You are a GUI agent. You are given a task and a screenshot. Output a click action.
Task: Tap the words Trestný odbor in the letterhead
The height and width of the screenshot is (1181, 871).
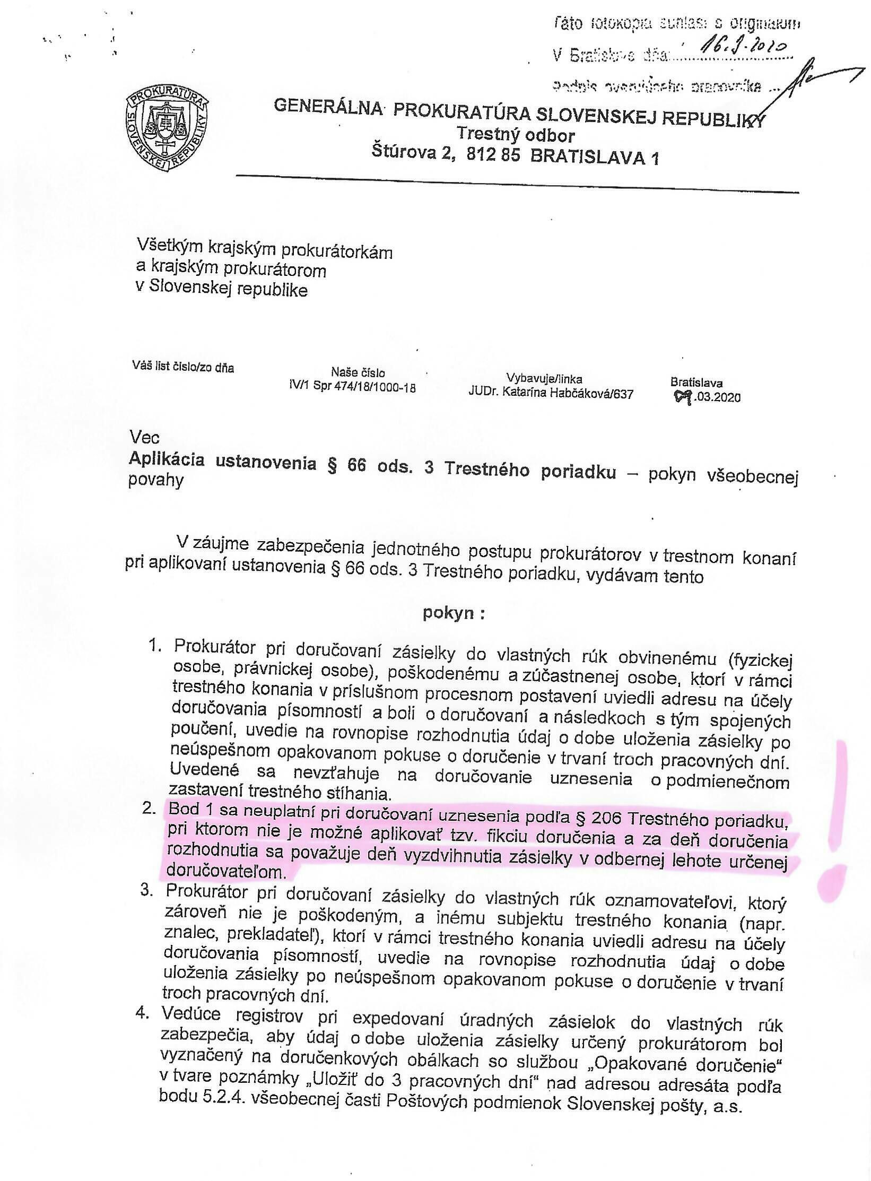(x=517, y=136)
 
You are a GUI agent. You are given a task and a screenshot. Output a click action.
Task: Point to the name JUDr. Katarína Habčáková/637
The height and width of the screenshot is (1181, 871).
(x=551, y=393)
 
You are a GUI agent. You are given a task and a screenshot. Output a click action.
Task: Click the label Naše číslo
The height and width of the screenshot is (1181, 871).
(x=358, y=372)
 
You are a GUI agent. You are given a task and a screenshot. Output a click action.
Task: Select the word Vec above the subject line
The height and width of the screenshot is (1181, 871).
(x=144, y=437)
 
